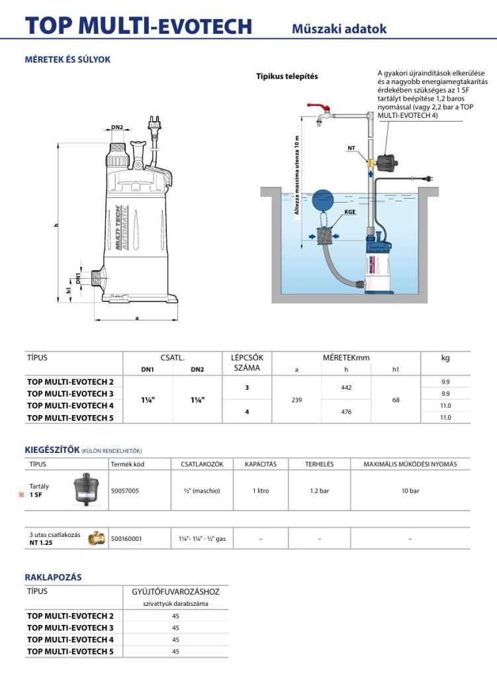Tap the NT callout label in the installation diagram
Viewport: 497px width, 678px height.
click(351, 148)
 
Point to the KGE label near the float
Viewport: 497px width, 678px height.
click(349, 211)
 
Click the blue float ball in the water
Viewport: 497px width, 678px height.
click(324, 199)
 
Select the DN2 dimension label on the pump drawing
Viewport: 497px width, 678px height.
click(117, 127)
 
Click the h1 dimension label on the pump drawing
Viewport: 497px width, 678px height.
click(68, 289)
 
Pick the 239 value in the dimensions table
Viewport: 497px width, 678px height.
click(296, 399)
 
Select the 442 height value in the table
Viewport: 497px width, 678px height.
click(346, 387)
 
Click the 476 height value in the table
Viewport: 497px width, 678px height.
click(346, 412)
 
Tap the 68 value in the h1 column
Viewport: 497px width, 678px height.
click(396, 399)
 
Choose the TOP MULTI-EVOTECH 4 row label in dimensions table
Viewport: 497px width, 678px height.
click(70, 405)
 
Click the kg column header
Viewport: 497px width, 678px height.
click(445, 358)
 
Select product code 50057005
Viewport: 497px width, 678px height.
click(126, 491)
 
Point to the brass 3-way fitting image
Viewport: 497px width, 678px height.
click(95, 538)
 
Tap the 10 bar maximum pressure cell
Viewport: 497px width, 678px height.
click(410, 491)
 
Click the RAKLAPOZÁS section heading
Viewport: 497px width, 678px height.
click(53, 577)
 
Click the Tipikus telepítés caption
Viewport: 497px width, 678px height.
click(287, 76)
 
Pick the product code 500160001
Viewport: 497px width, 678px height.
click(127, 539)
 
